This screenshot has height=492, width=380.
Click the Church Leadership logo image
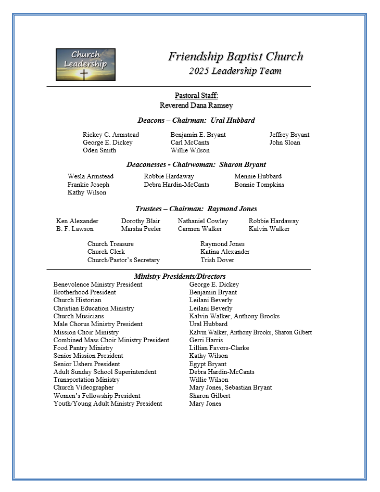[85, 64]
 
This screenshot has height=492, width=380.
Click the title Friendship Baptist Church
[235, 57]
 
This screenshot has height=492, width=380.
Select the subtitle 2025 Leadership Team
[235, 71]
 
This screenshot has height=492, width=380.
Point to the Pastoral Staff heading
[196, 95]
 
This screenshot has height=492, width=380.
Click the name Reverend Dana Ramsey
[196, 105]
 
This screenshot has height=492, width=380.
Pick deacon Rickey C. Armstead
[111, 135]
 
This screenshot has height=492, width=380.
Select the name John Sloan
[285, 143]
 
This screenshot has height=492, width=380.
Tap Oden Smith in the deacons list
[99, 150]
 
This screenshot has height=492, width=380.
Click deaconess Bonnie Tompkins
[259, 185]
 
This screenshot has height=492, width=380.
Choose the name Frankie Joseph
[88, 185]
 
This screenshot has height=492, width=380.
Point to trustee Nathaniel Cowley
[203, 221]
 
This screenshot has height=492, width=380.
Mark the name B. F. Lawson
[75, 229]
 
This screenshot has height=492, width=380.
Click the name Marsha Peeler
[141, 229]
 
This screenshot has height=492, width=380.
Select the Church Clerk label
[106, 252]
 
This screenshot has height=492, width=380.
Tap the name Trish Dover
[217, 260]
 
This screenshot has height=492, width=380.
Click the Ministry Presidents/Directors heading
[180, 277]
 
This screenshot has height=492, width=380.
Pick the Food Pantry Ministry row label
[83, 348]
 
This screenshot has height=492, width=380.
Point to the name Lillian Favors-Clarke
[219, 348]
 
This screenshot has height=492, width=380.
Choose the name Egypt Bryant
[208, 364]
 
